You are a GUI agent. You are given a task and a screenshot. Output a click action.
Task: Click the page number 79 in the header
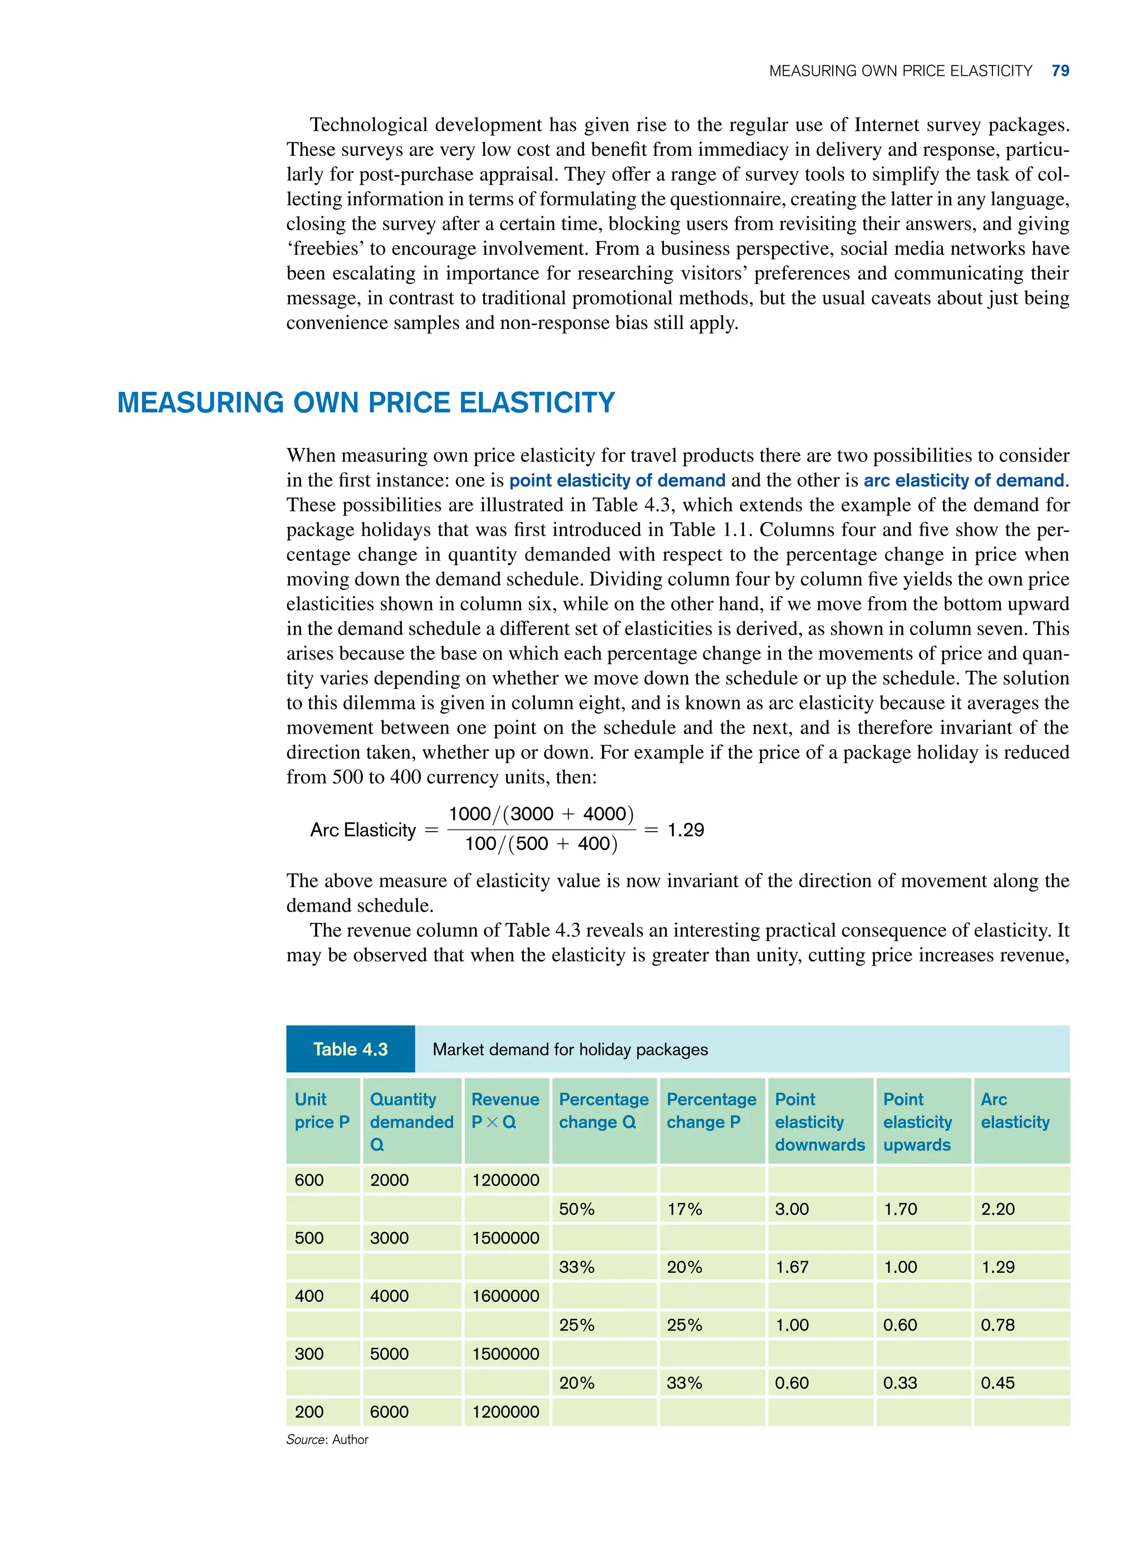1060,71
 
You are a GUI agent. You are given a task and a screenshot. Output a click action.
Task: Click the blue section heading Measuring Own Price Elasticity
366,403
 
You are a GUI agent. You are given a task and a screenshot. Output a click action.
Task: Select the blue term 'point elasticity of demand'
617,480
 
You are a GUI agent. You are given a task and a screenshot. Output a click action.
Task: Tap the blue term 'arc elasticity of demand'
964,480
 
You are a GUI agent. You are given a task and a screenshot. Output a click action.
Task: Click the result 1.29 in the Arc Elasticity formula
685,830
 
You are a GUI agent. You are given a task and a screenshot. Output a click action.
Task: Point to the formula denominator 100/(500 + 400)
541,844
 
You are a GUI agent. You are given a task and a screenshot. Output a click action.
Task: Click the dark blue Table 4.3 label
351,1049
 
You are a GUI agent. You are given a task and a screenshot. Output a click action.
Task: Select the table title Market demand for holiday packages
570,1049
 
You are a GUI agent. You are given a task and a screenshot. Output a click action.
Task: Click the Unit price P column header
322,1111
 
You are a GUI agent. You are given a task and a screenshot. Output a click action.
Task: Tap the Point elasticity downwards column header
819,1122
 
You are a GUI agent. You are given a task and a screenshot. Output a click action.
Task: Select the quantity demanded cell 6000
389,1412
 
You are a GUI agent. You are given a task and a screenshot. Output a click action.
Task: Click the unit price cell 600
309,1180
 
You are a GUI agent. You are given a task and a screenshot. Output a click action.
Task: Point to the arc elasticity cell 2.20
998,1209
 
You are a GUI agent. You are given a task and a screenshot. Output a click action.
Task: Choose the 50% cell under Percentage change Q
577,1209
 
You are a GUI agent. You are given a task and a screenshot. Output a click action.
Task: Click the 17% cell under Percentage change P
685,1209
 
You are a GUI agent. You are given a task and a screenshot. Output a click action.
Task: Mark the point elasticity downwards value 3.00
792,1209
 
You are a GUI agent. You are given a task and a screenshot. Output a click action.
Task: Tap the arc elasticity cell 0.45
998,1383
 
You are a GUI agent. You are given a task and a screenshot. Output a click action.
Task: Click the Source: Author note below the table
327,1439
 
